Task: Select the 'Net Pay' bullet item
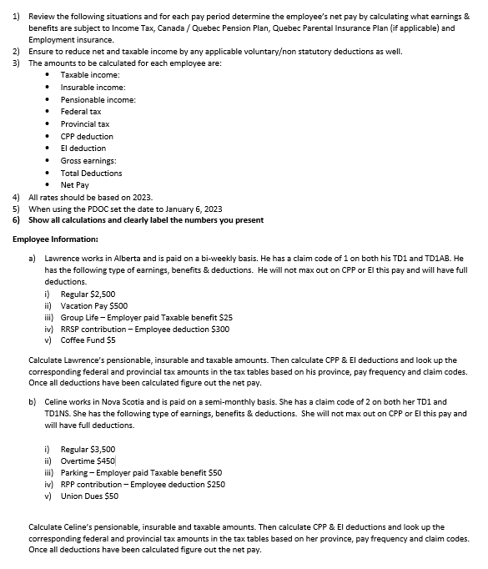point(75,184)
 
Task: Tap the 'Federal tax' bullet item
point(81,111)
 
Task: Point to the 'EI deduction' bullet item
point(83,148)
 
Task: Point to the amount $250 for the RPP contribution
point(214,484)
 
